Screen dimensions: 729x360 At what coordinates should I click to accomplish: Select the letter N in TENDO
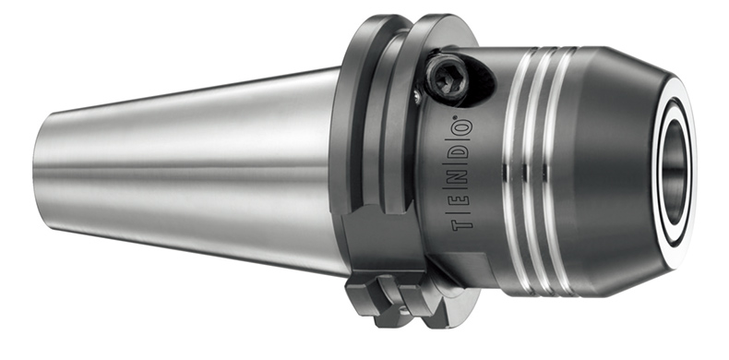click(x=462, y=176)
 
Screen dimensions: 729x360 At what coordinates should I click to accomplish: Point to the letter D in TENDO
click(x=462, y=152)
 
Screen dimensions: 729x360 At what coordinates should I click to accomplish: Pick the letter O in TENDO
click(x=462, y=129)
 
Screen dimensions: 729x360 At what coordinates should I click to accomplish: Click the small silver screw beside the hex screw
click(x=418, y=96)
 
